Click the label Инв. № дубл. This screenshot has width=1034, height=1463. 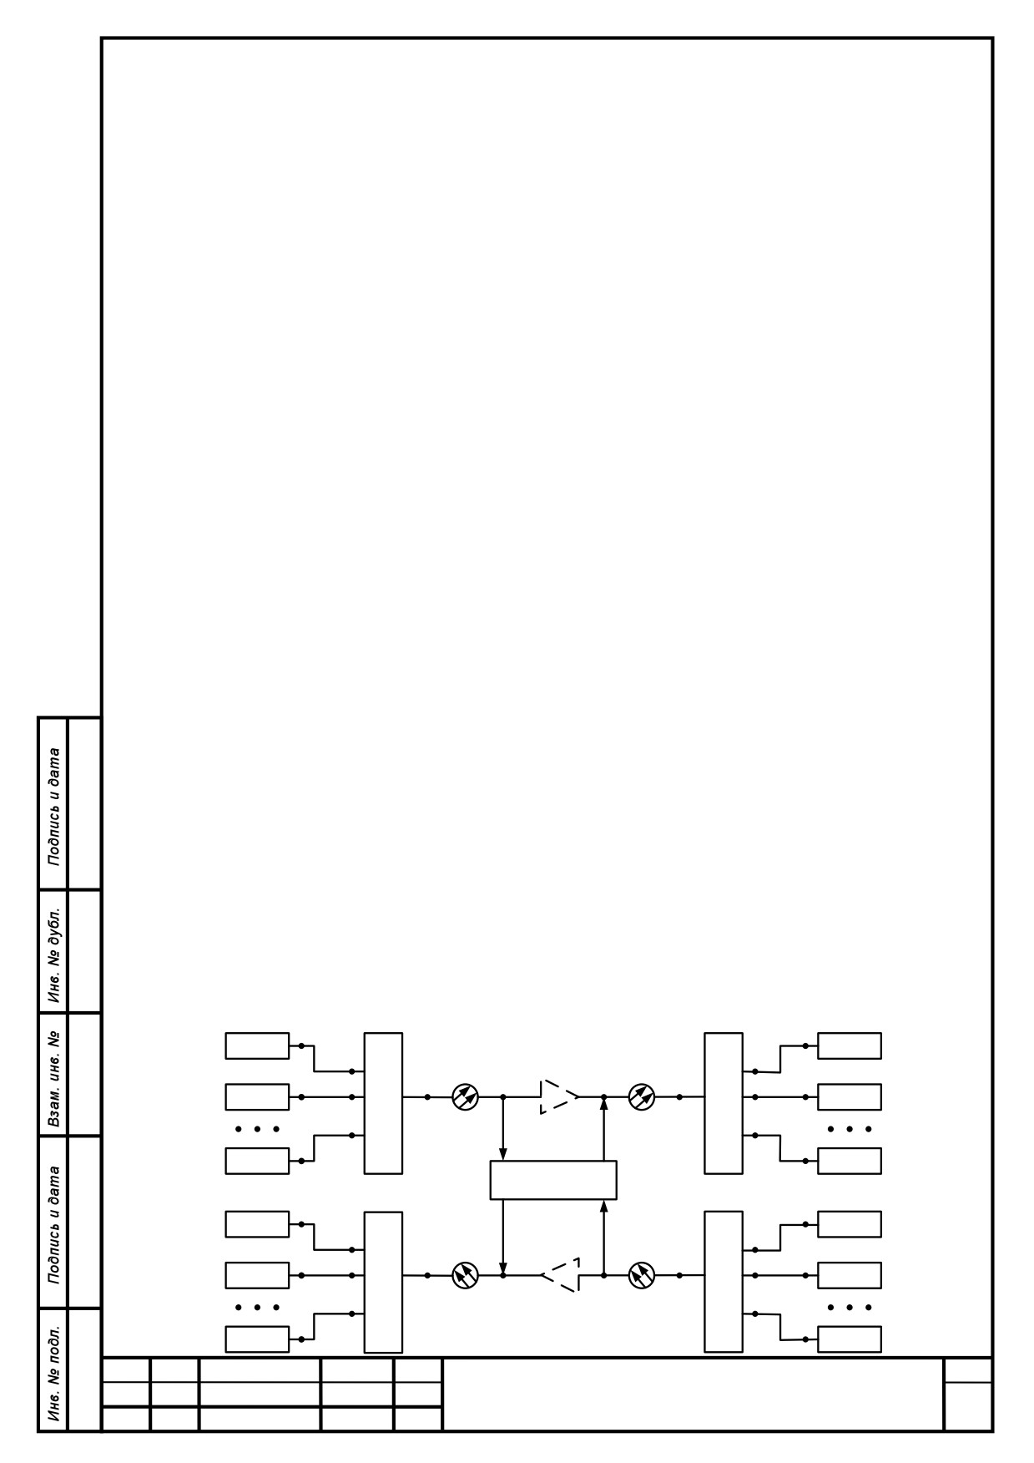pos(54,952)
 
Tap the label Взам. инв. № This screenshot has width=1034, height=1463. pos(54,1074)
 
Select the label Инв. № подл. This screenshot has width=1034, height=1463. pos(54,1370)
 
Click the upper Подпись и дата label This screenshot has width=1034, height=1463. pos(54,804)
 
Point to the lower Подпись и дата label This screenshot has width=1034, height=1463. pos(54,1223)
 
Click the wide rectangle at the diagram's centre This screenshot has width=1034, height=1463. pos(553,1180)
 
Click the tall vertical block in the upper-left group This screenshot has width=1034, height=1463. pos(383,1103)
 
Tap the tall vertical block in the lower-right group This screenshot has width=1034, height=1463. pos(724,1281)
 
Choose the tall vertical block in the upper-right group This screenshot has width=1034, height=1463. pos(724,1103)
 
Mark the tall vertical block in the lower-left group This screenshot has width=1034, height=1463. pos(383,1282)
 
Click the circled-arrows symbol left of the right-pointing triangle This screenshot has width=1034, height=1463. pos(465,1096)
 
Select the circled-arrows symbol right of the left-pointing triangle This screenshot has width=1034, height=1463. pos(642,1275)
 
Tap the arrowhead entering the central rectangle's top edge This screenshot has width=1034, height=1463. pos(502,1155)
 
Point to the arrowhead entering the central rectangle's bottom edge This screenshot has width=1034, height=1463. pos(603,1206)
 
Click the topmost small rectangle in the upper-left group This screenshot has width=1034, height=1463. pos(257,1045)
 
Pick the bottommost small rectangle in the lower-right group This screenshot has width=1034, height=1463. pos(850,1339)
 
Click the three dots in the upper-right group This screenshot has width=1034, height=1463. pos(850,1129)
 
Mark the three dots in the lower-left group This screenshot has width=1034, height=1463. pos(257,1308)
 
